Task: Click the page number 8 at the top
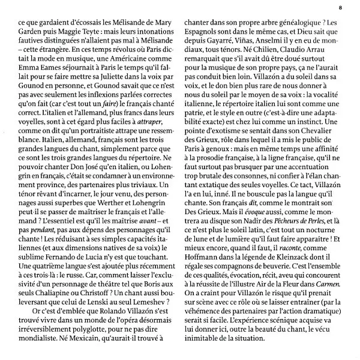(x=340, y=7)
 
